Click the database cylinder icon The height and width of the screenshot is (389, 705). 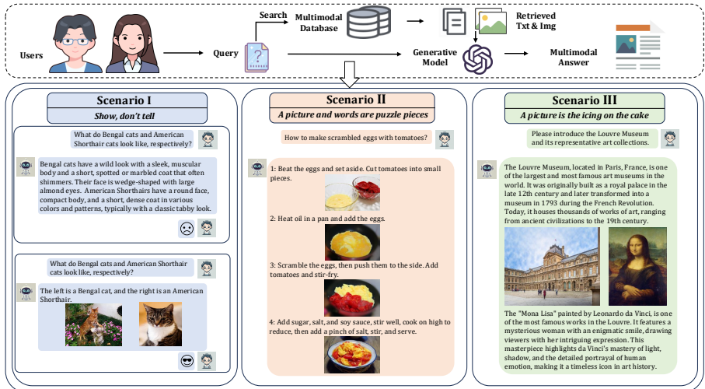(368, 22)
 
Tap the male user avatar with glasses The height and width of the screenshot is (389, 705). (75, 44)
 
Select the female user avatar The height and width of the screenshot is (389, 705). (132, 44)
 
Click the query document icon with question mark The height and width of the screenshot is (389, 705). (257, 57)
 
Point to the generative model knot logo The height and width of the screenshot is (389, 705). (477, 59)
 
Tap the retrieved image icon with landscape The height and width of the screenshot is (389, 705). (490, 21)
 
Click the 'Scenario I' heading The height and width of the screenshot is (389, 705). (124, 100)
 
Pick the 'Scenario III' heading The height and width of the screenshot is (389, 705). (584, 100)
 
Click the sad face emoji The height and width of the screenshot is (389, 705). (187, 229)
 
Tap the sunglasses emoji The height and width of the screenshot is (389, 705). (187, 361)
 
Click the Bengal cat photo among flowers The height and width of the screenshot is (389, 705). (93, 324)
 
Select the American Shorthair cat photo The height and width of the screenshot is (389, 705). (161, 324)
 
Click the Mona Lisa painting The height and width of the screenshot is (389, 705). (637, 267)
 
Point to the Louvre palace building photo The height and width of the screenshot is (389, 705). (552, 267)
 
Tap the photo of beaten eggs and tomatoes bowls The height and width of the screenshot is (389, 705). (352, 193)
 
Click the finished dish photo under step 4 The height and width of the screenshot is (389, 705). (352, 355)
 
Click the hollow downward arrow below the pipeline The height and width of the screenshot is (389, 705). (349, 74)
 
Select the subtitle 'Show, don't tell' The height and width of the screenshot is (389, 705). (124, 116)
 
